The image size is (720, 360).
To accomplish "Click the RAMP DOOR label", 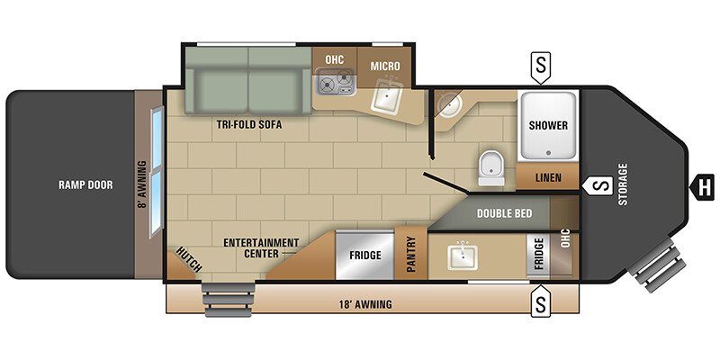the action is coord(85,185).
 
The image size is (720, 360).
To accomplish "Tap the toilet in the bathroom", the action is coord(490,168).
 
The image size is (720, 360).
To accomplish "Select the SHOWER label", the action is coord(548,125).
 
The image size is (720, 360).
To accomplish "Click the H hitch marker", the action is coord(702,187).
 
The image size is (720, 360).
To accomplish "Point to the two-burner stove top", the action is coord(336,81).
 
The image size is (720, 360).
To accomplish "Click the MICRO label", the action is coord(385,66).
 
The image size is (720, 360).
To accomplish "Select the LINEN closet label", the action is coord(548,177).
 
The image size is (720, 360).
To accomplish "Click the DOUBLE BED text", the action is coord(504,213).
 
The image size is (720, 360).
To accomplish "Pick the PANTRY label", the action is coord(410,254).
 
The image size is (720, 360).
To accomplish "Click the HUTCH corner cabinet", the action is coord(181,265).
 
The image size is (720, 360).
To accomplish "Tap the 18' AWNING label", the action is coord(366,304).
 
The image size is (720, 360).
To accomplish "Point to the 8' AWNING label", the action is coord(142,185).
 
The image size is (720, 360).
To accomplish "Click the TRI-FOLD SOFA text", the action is coord(249,125).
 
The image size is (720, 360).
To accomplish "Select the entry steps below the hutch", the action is coord(229,300).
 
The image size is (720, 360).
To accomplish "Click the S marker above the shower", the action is coord(541,67).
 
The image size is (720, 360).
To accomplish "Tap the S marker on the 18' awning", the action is coord(541,301).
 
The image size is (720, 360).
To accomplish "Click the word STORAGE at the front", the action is coord(623,184).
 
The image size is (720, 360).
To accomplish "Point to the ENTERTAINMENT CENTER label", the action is coord(261,248).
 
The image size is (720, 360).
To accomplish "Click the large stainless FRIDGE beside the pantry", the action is coord(365,255).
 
